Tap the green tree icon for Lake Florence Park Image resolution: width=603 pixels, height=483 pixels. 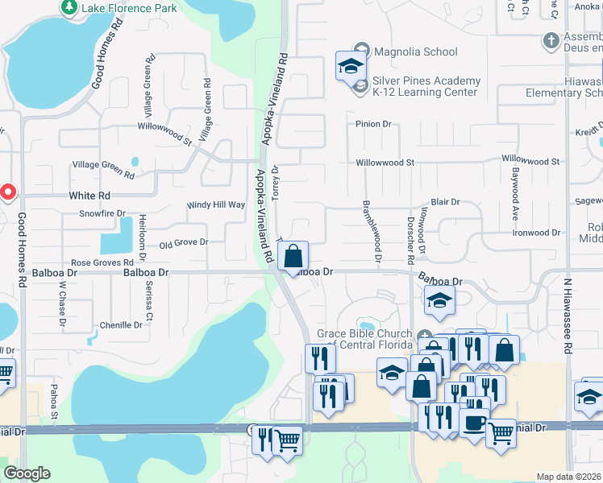(69, 7)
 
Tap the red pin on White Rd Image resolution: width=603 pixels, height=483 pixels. (8, 193)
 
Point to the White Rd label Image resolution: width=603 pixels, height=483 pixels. (89, 196)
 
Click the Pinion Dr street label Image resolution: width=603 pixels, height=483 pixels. (373, 125)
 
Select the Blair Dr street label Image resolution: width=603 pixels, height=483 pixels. (445, 202)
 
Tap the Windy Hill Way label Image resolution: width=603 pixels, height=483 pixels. (215, 205)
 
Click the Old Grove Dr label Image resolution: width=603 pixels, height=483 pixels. (184, 242)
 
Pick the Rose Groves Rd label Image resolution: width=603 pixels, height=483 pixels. (102, 263)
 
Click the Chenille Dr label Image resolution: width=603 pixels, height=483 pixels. (121, 325)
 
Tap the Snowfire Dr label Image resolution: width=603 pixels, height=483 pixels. (102, 214)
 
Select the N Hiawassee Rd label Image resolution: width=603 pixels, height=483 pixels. (568, 314)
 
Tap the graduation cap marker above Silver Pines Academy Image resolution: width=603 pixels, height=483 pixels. (351, 65)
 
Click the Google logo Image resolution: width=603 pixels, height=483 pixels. (27, 473)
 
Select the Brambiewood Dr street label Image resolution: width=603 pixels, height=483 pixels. (372, 230)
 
